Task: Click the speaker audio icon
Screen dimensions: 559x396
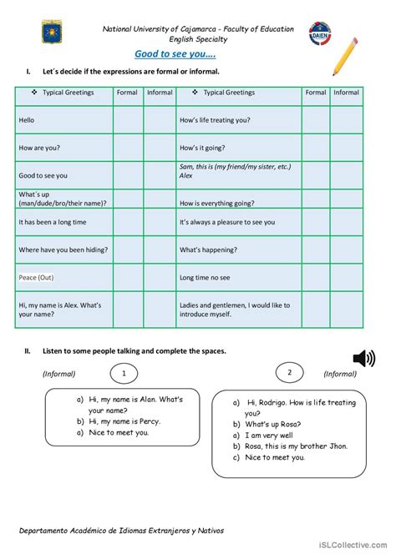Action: click(x=363, y=359)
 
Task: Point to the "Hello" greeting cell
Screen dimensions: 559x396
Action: click(x=28, y=120)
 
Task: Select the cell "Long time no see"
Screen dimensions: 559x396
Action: click(x=204, y=277)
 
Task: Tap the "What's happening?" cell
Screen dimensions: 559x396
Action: click(x=210, y=249)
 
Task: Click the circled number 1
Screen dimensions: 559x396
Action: click(x=124, y=373)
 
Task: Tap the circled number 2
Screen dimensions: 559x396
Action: click(x=290, y=373)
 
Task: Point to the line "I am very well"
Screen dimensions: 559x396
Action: click(x=268, y=436)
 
